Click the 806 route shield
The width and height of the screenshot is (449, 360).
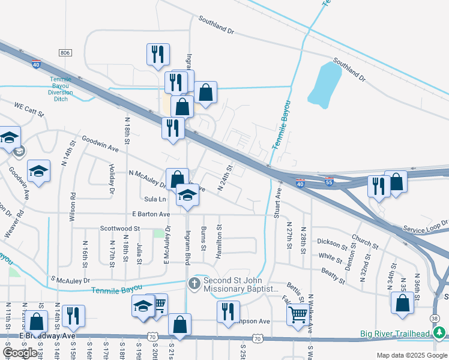click(65, 53)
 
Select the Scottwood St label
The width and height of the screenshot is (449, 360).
click(119, 229)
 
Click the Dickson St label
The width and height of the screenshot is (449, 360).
click(333, 242)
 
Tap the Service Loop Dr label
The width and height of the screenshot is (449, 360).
click(425, 226)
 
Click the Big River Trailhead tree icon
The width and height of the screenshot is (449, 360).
click(439, 333)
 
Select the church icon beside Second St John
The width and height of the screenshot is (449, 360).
click(194, 283)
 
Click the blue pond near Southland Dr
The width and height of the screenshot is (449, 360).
click(324, 84)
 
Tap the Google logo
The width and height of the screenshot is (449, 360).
click(20, 353)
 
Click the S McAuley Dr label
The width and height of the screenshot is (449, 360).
click(70, 280)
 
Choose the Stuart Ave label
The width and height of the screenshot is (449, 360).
click(278, 203)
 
